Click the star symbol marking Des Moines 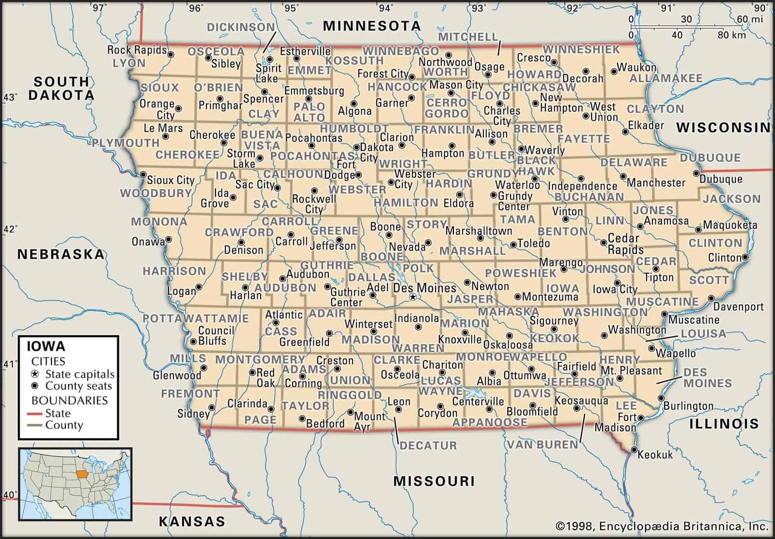(x=412, y=297)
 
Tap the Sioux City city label (x=170, y=180)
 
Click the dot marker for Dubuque (x=697, y=173)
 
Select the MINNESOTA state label (x=372, y=26)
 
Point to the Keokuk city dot (x=635, y=450)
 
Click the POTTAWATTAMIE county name (x=196, y=318)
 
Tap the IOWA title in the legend (x=46, y=346)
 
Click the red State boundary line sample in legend (x=35, y=414)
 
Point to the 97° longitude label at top (x=99, y=7)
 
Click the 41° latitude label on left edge (x=9, y=364)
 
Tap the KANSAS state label (x=192, y=521)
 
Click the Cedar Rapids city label (x=625, y=244)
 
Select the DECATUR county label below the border (x=428, y=446)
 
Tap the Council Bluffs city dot (x=193, y=342)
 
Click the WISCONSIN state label (x=723, y=127)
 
